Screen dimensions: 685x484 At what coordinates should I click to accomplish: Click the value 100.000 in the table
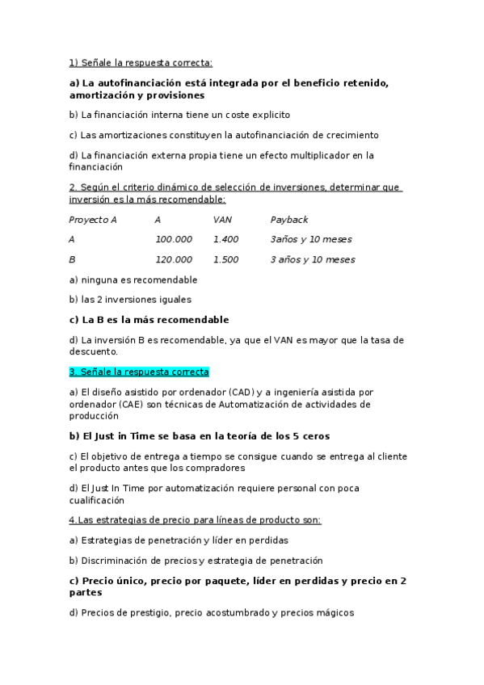point(173,239)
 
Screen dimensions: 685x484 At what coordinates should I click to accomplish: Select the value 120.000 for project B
point(173,259)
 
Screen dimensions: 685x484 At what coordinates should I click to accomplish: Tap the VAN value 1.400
point(225,239)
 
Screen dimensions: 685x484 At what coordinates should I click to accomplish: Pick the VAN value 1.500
point(225,259)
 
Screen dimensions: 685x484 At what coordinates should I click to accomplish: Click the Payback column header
point(288,219)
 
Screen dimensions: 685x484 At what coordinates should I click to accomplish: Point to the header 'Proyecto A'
point(93,219)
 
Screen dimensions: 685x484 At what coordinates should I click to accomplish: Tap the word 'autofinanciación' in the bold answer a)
point(137,83)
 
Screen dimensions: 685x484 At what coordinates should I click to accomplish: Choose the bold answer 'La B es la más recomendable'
point(149,320)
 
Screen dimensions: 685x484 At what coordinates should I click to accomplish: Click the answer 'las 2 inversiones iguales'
point(132,300)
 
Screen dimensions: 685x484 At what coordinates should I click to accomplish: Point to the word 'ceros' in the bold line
point(313,436)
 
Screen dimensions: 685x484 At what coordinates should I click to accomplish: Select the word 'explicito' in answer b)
point(267,115)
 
